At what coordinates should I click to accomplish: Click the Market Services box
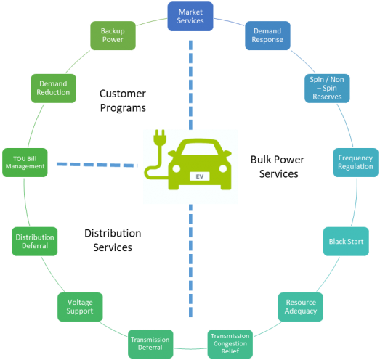pos(190,16)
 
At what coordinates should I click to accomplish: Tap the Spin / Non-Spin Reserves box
pos(326,88)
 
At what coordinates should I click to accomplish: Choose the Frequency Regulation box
pos(355,162)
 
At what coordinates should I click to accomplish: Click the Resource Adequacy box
pos(300,307)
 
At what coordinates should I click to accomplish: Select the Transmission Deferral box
pos(150,343)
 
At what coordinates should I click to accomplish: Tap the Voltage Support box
pos(80,306)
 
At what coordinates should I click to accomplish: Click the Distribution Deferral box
pos(34,241)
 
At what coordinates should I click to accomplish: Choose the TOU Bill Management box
pos(24,162)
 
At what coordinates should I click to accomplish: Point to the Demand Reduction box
pos(53,88)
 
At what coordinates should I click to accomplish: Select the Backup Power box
pos(113,36)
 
